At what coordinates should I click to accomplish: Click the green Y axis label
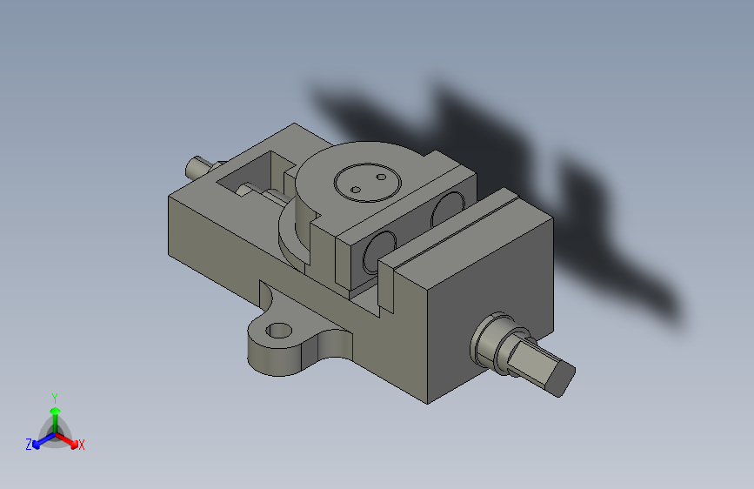click(x=55, y=399)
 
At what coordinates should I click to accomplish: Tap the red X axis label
click(x=81, y=445)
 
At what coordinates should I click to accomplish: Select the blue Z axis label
click(x=29, y=445)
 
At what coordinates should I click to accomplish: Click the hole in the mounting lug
click(x=279, y=331)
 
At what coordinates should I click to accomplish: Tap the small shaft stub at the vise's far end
click(x=197, y=166)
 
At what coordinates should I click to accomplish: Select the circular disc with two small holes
click(x=368, y=183)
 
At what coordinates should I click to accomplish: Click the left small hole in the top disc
click(x=356, y=190)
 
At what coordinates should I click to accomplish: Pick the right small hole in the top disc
click(x=381, y=178)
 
